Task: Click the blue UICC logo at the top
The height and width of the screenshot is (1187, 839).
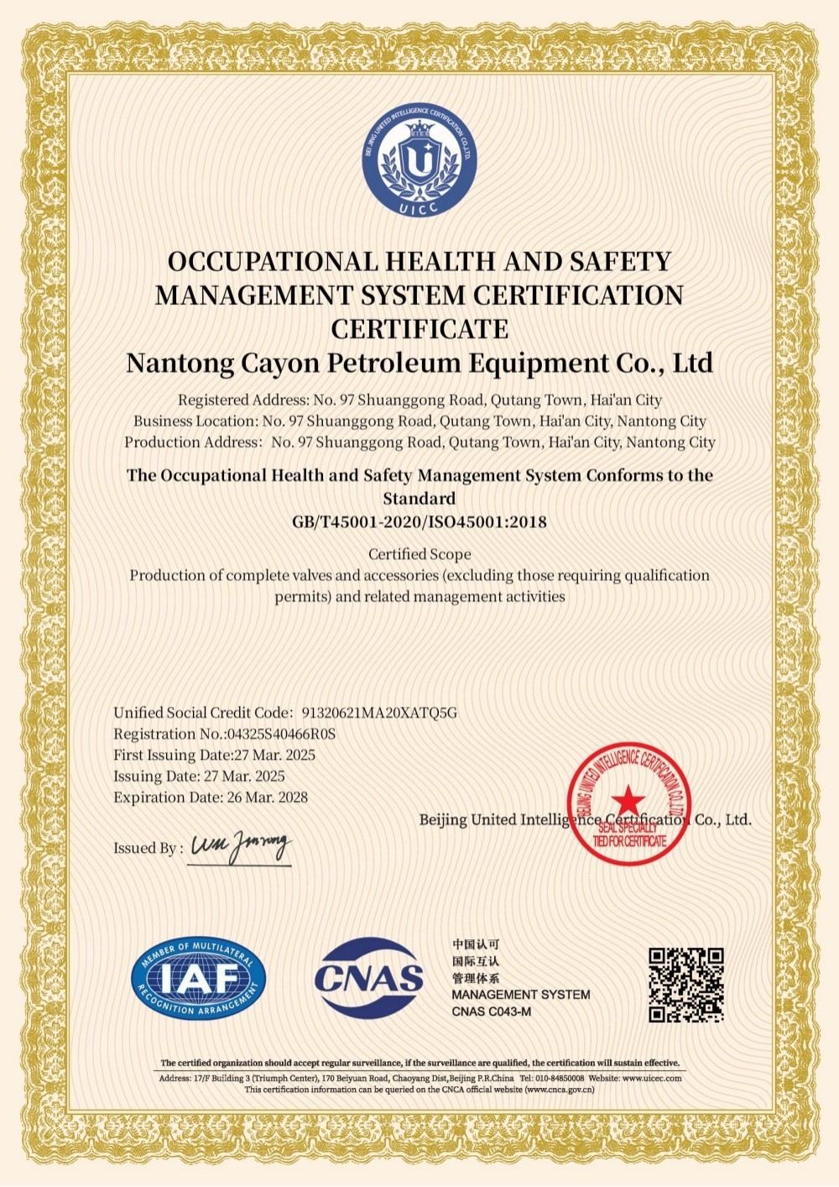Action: [x=419, y=160]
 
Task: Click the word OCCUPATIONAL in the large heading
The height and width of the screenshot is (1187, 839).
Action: [x=274, y=262]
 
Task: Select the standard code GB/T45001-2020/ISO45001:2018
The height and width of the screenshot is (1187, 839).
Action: [x=419, y=521]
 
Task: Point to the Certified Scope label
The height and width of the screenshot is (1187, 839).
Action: [x=419, y=554]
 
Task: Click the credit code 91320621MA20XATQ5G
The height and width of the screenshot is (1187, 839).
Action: [x=379, y=713]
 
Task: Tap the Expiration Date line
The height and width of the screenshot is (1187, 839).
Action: [x=211, y=797]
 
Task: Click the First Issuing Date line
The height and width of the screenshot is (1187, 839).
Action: [x=214, y=755]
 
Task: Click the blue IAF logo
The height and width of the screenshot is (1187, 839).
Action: [x=199, y=979]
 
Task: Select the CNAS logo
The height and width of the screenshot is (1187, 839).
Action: [x=369, y=977]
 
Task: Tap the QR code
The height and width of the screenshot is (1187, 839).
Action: [x=686, y=985]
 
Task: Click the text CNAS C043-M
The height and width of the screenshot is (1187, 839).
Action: [x=491, y=1012]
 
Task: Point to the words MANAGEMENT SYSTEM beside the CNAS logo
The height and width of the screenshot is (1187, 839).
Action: [x=521, y=995]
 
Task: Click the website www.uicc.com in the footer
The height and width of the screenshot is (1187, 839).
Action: [x=652, y=1078]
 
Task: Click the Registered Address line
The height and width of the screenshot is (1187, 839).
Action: [x=419, y=400]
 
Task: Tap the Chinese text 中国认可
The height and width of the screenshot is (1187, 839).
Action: [x=476, y=944]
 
